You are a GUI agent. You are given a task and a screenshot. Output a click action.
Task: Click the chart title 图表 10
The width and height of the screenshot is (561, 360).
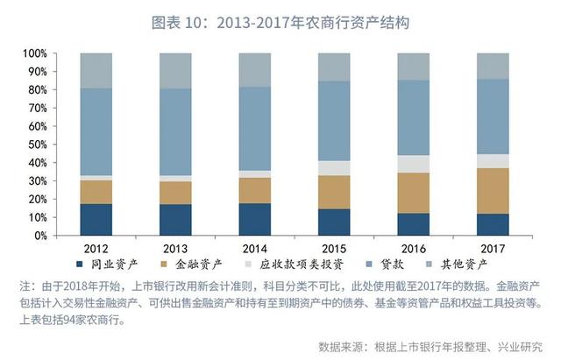pyautogui.click(x=280, y=20)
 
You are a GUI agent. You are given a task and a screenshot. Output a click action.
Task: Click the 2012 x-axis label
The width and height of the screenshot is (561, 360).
pyautogui.click(x=96, y=247)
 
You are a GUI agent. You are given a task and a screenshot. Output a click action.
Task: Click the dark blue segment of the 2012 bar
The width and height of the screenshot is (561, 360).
pyautogui.click(x=96, y=220)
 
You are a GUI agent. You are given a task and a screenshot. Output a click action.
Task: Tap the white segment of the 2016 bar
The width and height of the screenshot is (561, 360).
pyautogui.click(x=414, y=164)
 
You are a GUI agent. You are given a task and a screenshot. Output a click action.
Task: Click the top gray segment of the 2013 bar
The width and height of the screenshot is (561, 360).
pyautogui.click(x=175, y=70)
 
